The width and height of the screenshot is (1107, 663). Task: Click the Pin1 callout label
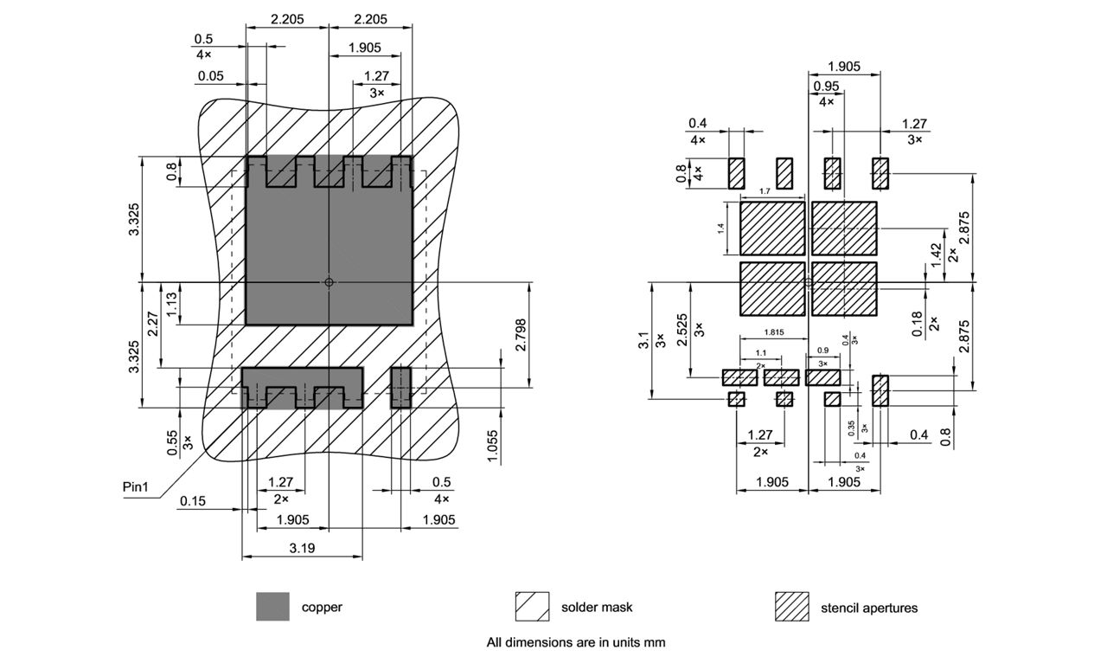pos(136,487)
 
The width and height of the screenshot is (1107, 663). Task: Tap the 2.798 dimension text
pos(521,335)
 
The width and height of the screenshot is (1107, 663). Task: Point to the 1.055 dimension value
pos(493,446)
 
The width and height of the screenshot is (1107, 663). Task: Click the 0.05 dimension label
pos(210,76)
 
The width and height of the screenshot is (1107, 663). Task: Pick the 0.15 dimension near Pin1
pos(193,501)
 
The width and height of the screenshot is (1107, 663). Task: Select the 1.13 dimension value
pos(171,303)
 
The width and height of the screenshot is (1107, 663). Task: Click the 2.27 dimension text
pos(152,324)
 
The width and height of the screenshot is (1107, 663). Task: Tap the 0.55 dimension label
pos(173,443)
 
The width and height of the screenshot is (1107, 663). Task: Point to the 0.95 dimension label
pos(827,86)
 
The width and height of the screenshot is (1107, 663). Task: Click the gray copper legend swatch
pos(273,607)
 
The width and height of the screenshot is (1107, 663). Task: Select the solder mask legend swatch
pos(532,607)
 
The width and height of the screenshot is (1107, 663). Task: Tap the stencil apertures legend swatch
pos(791,607)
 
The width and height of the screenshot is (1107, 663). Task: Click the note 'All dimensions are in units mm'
pos(575,642)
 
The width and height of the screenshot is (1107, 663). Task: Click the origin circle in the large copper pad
pos(329,281)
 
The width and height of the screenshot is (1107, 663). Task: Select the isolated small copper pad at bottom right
pos(400,386)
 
